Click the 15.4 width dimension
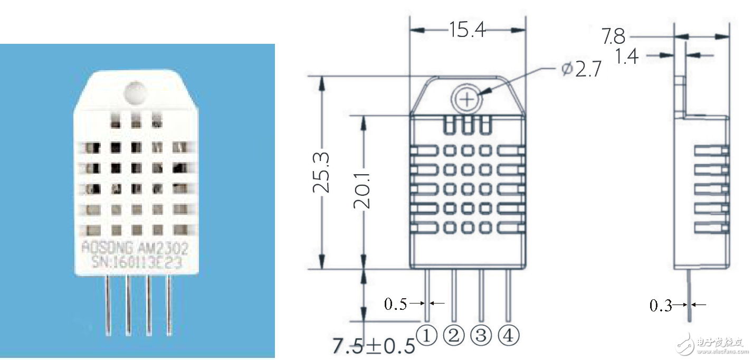(467, 30)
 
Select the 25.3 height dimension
(322, 173)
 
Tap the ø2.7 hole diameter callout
(581, 70)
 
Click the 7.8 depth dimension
(613, 36)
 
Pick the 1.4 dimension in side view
(627, 55)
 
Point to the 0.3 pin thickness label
(661, 305)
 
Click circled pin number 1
(427, 335)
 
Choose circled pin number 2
(454, 335)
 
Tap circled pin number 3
(481, 335)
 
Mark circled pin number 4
(508, 335)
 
